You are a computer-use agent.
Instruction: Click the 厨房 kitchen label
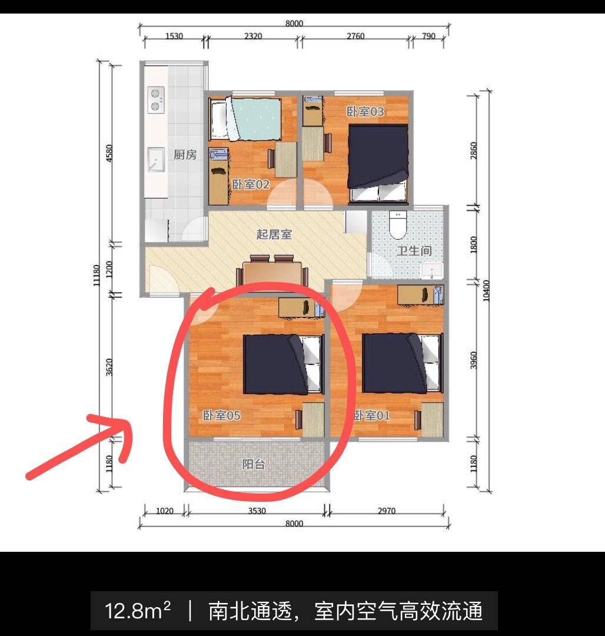point(185,155)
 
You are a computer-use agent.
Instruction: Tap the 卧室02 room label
point(250,185)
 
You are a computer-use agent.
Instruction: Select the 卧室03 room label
point(365,111)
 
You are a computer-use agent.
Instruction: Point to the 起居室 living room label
point(274,234)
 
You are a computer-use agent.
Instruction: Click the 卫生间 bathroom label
point(413,251)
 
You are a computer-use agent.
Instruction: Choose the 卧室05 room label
point(222,416)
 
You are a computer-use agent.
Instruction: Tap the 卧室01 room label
point(372,416)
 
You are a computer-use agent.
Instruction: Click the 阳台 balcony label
point(254,464)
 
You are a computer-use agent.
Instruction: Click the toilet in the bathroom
point(398,223)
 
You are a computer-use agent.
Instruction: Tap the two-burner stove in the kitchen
point(156,99)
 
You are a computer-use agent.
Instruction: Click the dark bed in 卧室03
point(378,156)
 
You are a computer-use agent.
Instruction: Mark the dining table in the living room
point(273,273)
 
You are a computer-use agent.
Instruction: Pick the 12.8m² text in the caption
point(138,611)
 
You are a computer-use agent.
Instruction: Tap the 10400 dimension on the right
point(486,289)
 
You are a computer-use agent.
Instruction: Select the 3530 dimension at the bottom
point(256,511)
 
